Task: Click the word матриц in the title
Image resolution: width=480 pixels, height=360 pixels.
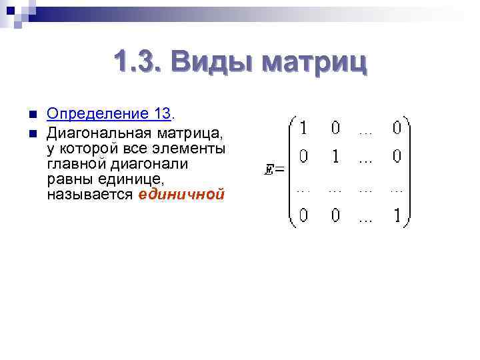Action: [x=314, y=64]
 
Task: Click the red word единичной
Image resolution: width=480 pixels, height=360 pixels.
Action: [x=181, y=195]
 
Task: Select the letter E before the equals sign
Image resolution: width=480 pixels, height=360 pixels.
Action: [x=269, y=170]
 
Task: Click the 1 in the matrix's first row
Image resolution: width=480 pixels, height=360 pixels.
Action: [x=303, y=127]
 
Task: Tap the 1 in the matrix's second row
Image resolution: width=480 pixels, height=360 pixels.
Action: [x=335, y=157]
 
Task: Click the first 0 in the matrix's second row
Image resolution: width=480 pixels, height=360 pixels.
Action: [x=303, y=157]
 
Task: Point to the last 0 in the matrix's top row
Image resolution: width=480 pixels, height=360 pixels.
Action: [x=397, y=127]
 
